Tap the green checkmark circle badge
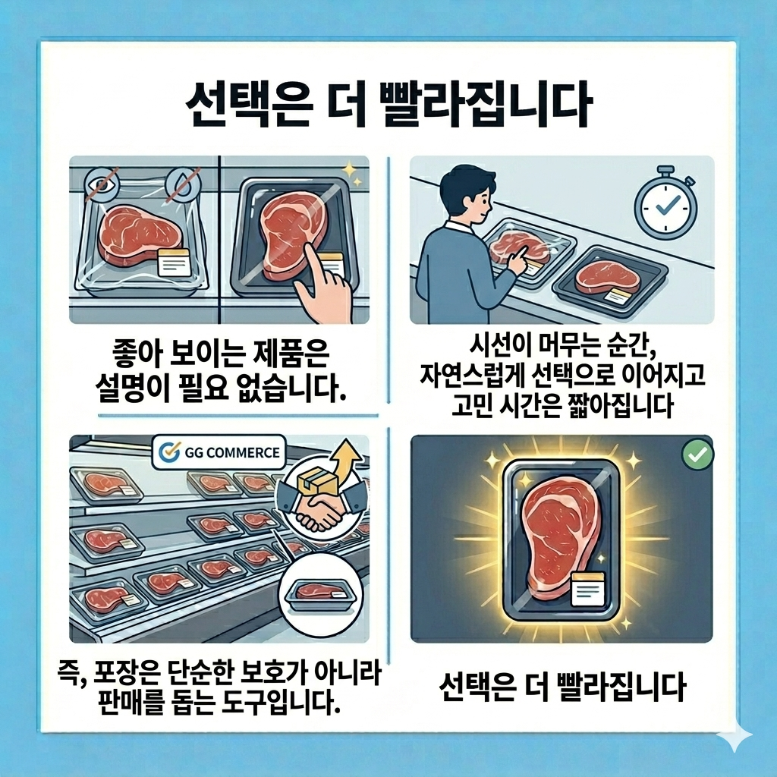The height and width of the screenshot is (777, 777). point(698,454)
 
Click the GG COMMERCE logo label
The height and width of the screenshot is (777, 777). point(219,452)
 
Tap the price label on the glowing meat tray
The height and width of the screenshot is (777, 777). point(588,589)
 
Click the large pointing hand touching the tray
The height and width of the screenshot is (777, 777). point(322,281)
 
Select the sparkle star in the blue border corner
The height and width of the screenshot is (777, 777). point(735,738)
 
